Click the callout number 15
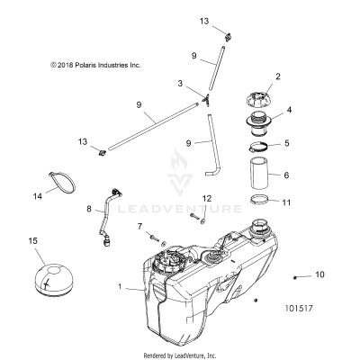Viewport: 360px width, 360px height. pyautogui.click(x=33, y=240)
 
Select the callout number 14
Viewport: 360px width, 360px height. pyautogui.click(x=38, y=194)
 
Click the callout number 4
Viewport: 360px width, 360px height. pyautogui.click(x=289, y=112)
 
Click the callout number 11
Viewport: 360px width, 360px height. pyautogui.click(x=289, y=203)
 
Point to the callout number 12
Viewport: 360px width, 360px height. pyautogui.click(x=206, y=222)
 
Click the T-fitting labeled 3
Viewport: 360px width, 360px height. pyautogui.click(x=206, y=95)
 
